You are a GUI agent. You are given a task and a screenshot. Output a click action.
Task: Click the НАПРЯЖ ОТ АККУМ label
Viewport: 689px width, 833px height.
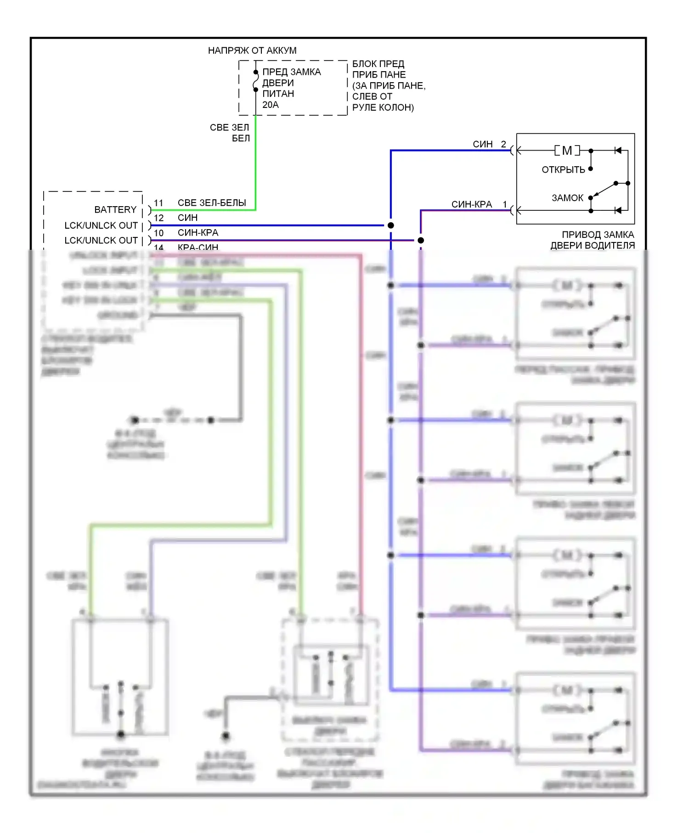click(x=252, y=51)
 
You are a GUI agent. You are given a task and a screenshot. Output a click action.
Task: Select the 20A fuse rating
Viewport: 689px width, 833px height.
click(x=271, y=105)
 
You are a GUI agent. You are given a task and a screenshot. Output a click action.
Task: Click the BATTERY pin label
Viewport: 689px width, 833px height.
click(x=115, y=210)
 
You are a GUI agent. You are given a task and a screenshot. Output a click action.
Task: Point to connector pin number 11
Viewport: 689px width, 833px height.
click(x=158, y=203)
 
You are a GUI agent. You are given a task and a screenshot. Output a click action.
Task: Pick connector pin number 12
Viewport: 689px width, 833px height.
click(x=158, y=218)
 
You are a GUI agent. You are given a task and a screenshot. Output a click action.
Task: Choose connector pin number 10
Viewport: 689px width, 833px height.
click(x=158, y=233)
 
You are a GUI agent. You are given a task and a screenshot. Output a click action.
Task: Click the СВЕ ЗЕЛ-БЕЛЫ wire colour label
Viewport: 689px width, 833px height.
click(x=212, y=203)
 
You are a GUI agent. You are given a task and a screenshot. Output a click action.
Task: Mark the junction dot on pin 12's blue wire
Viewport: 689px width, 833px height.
click(x=391, y=225)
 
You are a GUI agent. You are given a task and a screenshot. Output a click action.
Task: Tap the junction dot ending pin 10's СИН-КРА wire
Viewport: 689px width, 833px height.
click(x=421, y=240)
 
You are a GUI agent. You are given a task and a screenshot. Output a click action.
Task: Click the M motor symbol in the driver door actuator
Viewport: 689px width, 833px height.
click(x=567, y=151)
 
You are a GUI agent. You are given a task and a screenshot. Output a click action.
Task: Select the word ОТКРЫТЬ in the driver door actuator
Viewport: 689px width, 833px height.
click(x=563, y=170)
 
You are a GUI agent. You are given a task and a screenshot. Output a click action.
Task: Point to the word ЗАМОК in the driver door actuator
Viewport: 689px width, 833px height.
click(x=567, y=198)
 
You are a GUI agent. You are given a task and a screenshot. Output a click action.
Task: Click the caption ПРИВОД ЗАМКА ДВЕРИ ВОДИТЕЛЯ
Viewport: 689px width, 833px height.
click(x=593, y=240)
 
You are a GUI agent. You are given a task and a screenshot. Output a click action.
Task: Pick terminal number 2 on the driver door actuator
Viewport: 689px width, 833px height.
click(x=503, y=144)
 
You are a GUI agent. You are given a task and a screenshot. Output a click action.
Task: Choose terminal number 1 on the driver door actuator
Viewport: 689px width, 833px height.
click(x=505, y=204)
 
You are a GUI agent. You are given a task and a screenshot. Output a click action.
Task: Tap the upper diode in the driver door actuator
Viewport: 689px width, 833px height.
click(x=618, y=151)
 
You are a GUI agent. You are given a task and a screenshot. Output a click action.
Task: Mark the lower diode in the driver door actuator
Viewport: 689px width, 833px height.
click(x=618, y=211)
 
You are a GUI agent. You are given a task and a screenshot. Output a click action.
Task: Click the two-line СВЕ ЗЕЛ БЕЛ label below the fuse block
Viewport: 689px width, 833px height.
click(x=230, y=133)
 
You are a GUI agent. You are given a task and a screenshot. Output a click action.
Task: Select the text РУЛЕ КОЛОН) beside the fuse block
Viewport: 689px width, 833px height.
click(x=383, y=108)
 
